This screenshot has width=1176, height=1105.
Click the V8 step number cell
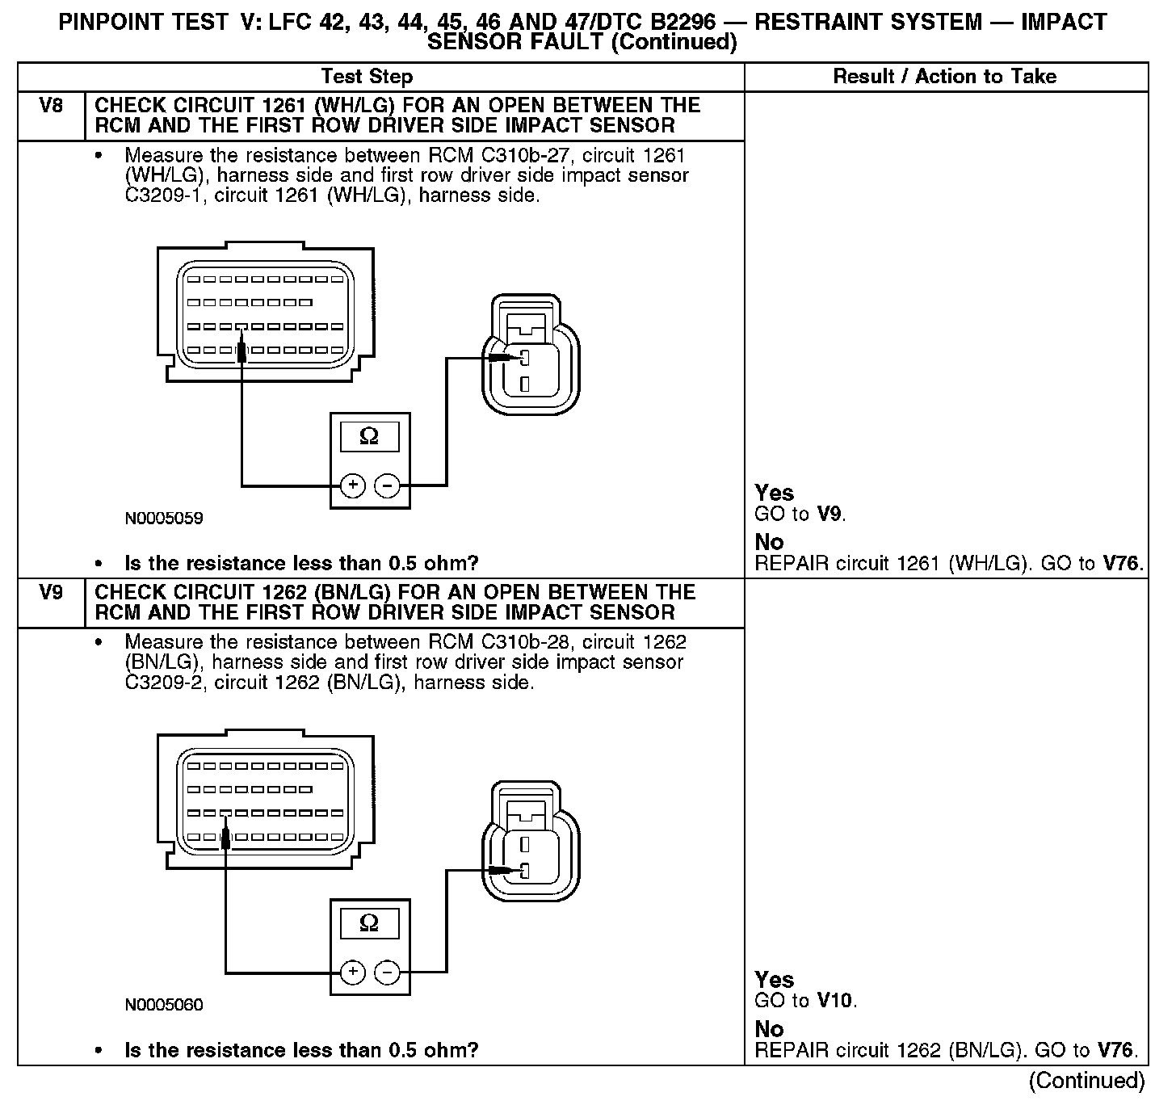pyautogui.click(x=50, y=106)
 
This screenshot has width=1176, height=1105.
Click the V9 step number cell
pyautogui.click(x=50, y=593)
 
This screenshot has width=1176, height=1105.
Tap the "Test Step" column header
pyautogui.click(x=367, y=77)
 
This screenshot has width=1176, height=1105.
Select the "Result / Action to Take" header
pyautogui.click(x=944, y=77)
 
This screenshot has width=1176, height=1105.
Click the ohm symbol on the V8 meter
pyautogui.click(x=369, y=437)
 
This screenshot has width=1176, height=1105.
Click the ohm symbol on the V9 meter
pyautogui.click(x=369, y=923)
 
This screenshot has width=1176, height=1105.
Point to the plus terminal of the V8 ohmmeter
pyautogui.click(x=352, y=485)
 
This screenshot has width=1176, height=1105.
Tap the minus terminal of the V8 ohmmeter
pyautogui.click(x=388, y=485)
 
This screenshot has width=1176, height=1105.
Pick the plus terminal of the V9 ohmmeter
pyautogui.click(x=352, y=972)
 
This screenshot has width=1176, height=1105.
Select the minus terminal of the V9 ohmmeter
pyautogui.click(x=388, y=972)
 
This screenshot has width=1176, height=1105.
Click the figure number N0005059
pyautogui.click(x=164, y=519)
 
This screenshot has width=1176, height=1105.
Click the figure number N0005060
pyautogui.click(x=164, y=1005)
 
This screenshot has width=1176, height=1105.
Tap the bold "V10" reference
pyautogui.click(x=834, y=1001)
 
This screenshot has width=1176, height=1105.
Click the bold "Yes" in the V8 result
pyautogui.click(x=774, y=493)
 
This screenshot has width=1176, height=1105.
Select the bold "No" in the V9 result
pyautogui.click(x=769, y=1029)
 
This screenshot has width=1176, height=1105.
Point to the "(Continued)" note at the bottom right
pyautogui.click(x=1086, y=1081)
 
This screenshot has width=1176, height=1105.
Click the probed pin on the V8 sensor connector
pyautogui.click(x=524, y=358)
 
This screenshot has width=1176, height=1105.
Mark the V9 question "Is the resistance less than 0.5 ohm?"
pyautogui.click(x=301, y=1050)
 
